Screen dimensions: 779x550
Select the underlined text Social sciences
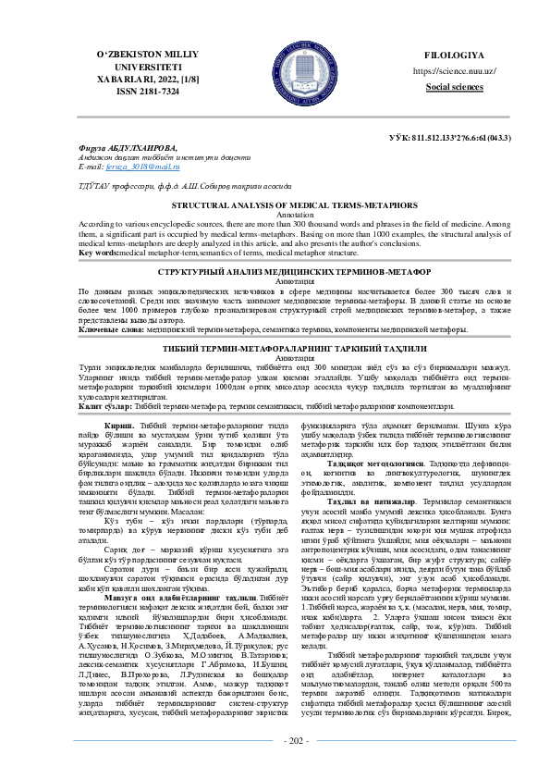pos(455,86)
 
